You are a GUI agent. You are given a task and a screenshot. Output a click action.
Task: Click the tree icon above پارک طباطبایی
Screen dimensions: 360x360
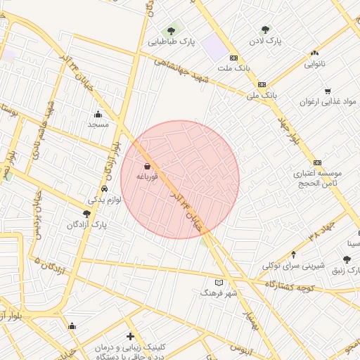(x=171, y=31)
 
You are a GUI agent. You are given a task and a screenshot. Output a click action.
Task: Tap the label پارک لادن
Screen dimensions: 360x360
(x=264, y=41)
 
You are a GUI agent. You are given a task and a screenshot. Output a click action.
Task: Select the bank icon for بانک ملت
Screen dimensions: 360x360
(x=233, y=58)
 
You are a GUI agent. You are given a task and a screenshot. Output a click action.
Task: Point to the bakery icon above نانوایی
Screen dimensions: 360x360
(x=314, y=53)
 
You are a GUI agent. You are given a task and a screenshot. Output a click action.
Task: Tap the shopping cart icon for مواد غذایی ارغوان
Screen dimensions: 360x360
(x=328, y=91)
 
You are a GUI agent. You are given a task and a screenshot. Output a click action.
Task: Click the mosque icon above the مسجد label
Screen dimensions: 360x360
(x=97, y=114)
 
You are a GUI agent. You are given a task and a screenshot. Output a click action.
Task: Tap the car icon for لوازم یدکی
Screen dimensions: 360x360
(x=104, y=188)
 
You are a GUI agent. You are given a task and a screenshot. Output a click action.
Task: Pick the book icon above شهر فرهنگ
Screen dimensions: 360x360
(x=219, y=281)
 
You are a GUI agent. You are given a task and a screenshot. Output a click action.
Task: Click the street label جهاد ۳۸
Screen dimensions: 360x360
(x=323, y=235)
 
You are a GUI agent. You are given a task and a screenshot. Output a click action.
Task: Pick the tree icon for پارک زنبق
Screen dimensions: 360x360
(x=347, y=259)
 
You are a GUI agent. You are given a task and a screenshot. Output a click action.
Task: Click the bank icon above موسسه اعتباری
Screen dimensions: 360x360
(x=317, y=162)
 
